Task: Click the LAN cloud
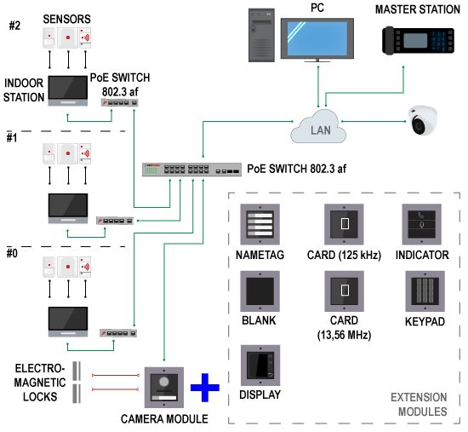[318, 127]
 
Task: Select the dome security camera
[423, 120]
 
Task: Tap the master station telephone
[418, 41]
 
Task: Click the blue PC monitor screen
[317, 38]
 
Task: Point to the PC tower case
[261, 35]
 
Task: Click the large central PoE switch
[191, 170]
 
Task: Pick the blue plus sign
[205, 388]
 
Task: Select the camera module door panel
[164, 388]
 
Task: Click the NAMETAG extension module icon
[260, 224]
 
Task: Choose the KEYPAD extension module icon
[425, 291]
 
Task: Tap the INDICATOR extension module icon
[422, 224]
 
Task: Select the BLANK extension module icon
[260, 291]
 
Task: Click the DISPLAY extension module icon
[260, 366]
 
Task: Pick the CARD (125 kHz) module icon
[344, 224]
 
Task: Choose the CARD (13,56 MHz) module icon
[345, 291]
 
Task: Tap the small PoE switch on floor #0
[118, 333]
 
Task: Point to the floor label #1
[12, 138]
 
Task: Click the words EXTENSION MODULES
[419, 405]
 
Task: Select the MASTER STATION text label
[418, 9]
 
